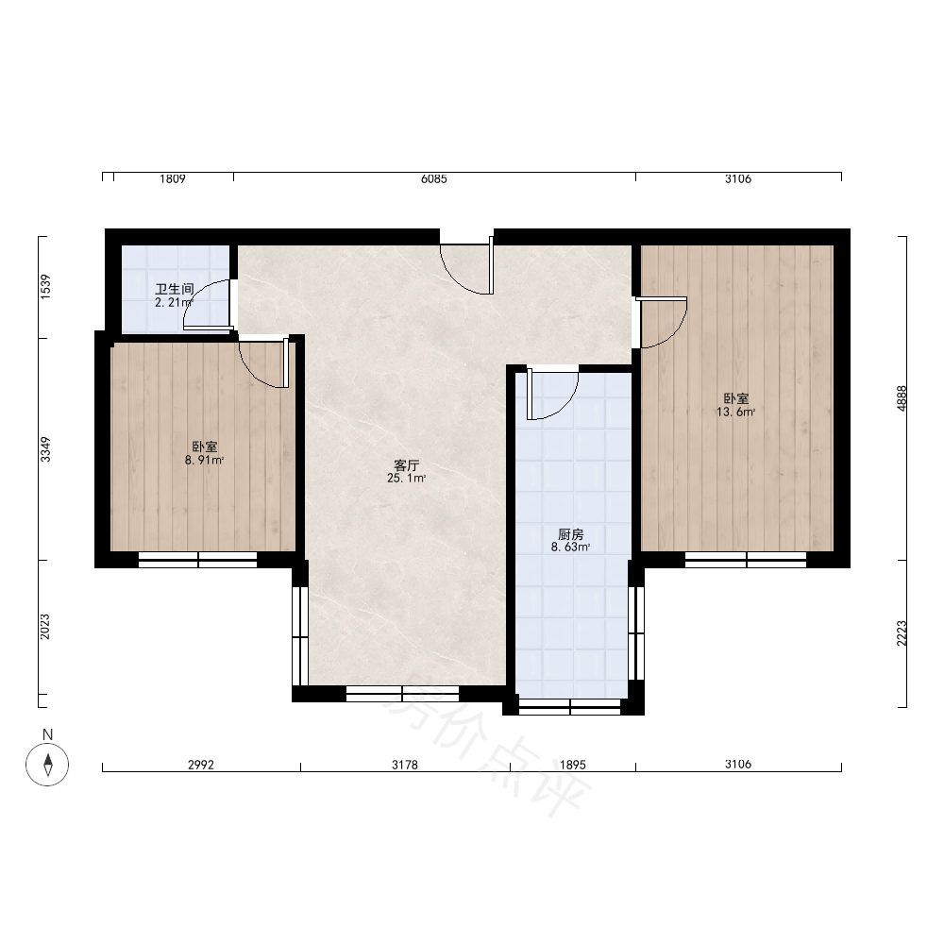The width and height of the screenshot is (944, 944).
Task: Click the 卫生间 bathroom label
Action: (x=174, y=289)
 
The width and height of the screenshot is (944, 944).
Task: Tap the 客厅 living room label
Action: (x=406, y=465)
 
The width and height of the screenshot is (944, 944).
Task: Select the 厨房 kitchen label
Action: (x=571, y=534)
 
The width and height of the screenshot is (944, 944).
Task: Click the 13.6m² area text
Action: (x=735, y=413)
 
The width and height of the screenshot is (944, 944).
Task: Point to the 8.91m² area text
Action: (x=205, y=461)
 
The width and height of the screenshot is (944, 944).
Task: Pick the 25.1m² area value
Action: (x=406, y=479)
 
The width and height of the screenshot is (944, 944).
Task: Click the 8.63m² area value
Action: (x=571, y=548)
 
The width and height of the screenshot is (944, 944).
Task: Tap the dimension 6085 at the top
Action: (x=434, y=178)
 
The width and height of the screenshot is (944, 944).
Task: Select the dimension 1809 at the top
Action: (x=173, y=178)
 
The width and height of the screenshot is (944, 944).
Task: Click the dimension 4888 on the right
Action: (x=902, y=398)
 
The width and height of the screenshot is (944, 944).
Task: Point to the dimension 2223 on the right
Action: (x=902, y=633)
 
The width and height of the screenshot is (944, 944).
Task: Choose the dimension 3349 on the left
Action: (x=45, y=449)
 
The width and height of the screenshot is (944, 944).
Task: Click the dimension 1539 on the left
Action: (x=45, y=287)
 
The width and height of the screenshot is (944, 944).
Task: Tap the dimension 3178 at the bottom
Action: (x=405, y=765)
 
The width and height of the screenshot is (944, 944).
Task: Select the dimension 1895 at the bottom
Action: (x=573, y=765)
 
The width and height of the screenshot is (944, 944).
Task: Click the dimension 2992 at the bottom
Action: (x=201, y=765)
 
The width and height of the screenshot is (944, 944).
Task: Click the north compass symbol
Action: (x=47, y=765)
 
